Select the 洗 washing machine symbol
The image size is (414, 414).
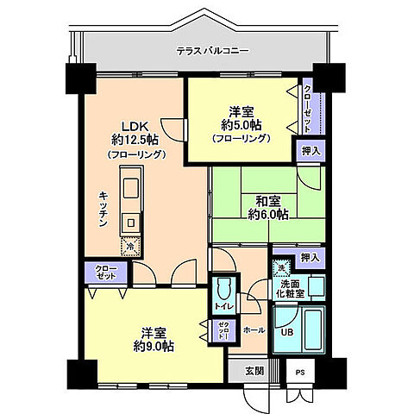click(x=280, y=268)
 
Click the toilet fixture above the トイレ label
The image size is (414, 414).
click(x=223, y=288)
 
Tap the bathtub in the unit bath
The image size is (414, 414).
click(x=310, y=330)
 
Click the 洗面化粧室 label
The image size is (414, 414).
click(x=291, y=290)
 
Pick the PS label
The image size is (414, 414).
click(x=300, y=372)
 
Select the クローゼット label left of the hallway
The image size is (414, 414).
click(x=104, y=273)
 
